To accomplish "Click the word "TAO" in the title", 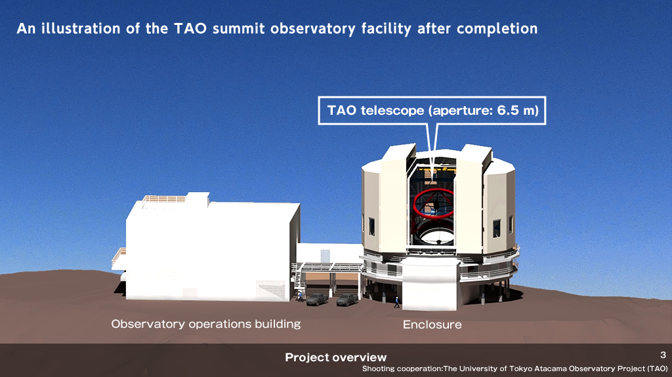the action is [190, 29].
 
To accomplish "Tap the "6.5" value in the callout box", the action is [508, 111].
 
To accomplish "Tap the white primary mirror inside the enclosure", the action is [436, 236].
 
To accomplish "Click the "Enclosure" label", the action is [432, 325].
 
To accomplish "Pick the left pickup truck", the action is [317, 299].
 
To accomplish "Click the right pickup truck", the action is [347, 300].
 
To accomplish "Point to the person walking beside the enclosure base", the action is [397, 302].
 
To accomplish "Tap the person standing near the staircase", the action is [301, 296].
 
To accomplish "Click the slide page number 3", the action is [663, 355].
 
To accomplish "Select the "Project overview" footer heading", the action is [335, 357].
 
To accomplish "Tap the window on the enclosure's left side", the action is [371, 227].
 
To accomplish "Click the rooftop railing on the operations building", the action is [164, 199].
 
